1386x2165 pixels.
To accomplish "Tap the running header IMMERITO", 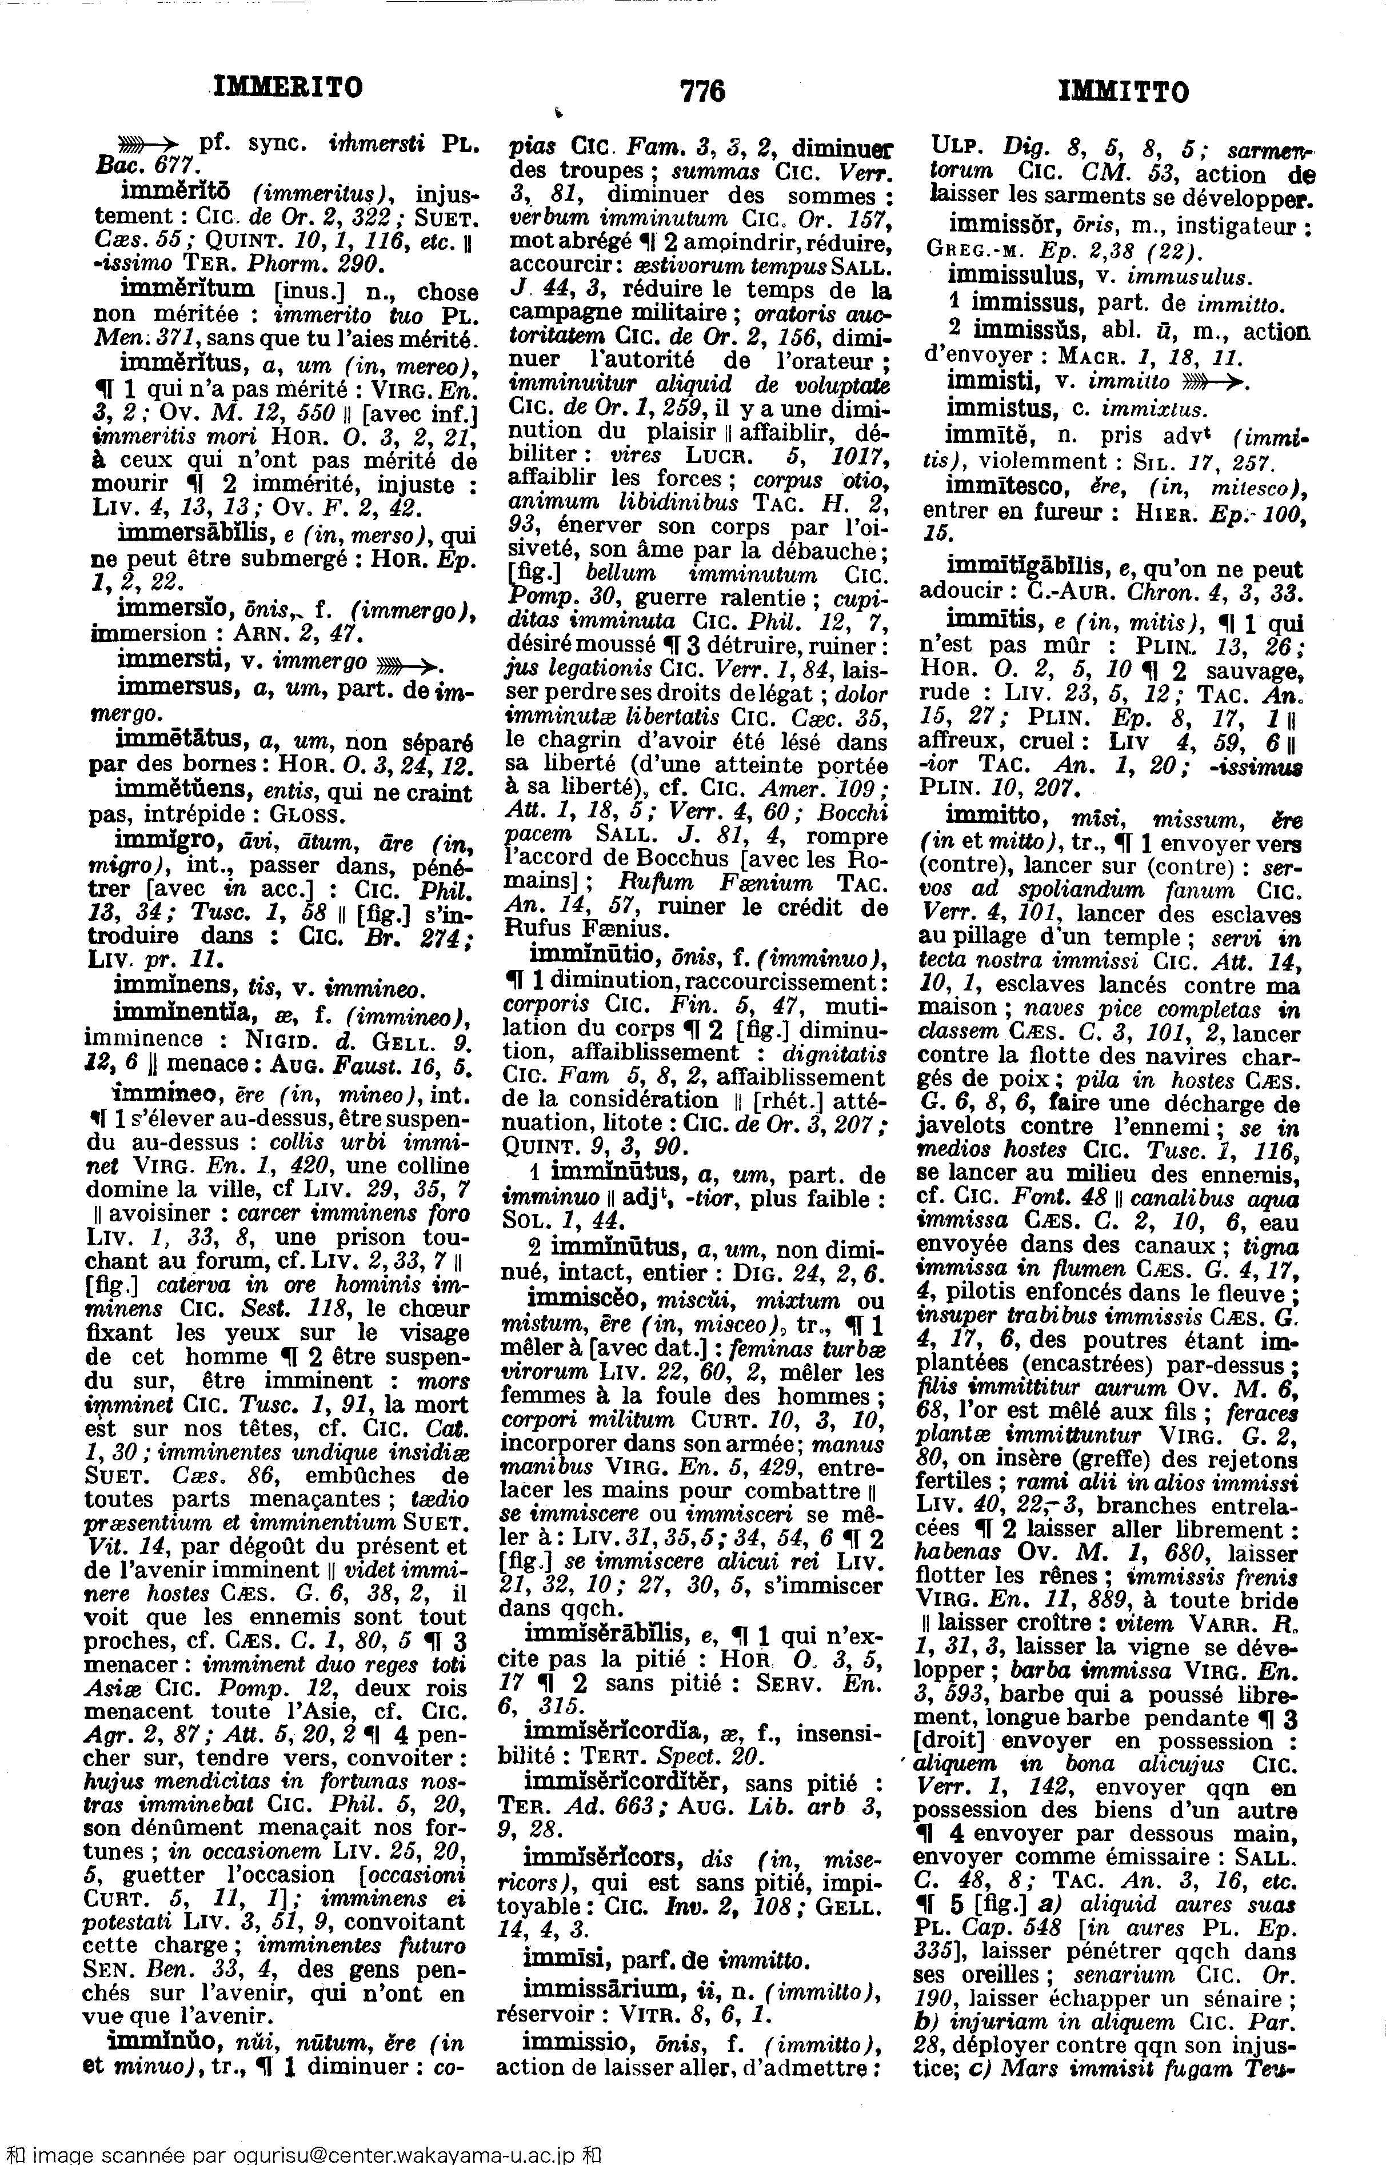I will tap(286, 87).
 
